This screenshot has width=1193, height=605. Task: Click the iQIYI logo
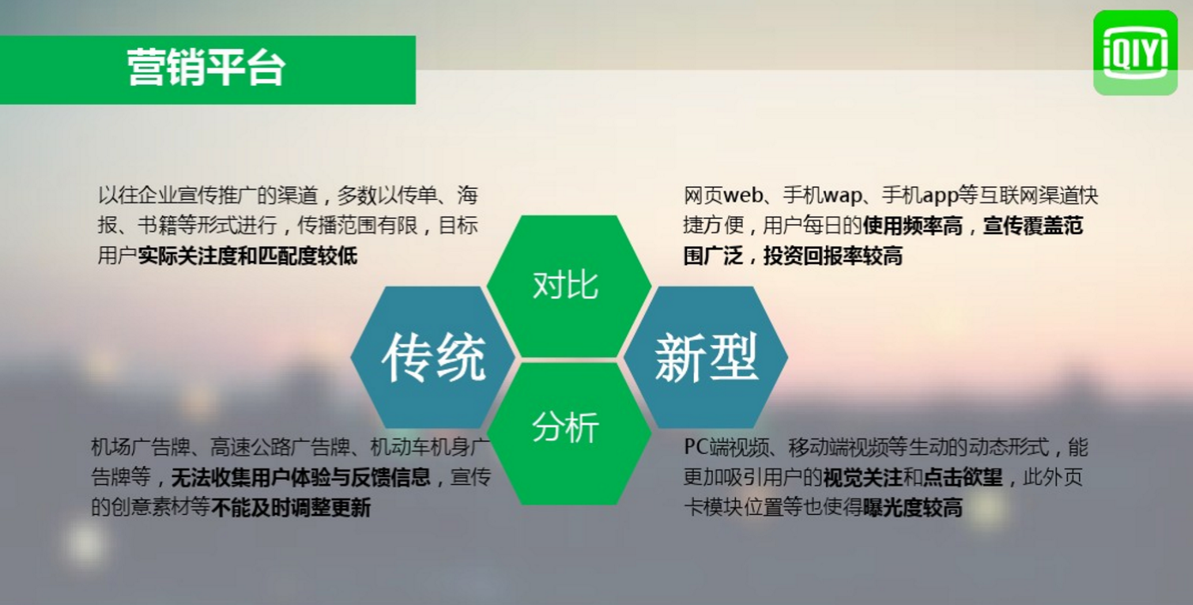point(1135,52)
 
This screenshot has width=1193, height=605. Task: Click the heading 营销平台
point(207,69)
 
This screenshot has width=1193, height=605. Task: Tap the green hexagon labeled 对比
point(569,287)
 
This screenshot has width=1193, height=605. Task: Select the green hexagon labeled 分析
point(569,433)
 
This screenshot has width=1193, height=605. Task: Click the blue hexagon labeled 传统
point(432,357)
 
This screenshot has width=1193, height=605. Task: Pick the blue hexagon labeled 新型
point(706,357)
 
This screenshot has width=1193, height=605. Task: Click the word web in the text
point(743,196)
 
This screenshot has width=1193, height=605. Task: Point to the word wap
point(842,197)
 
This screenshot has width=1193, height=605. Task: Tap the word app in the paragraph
point(940,197)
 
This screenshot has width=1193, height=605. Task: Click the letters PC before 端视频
point(696,447)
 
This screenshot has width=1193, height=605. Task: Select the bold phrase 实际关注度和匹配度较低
point(248,256)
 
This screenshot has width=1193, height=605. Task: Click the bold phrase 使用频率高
point(913,226)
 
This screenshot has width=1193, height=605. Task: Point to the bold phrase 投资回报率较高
point(833,256)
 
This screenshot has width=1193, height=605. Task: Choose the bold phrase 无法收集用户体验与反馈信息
point(300,477)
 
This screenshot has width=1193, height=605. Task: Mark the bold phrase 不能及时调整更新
point(291,507)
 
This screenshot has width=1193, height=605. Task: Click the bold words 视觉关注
point(863,477)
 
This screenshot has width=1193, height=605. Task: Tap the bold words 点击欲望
point(962,477)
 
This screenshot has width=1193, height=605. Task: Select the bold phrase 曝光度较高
point(913,507)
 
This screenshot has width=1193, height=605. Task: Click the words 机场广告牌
point(141,447)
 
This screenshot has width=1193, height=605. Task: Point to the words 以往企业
point(137,196)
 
